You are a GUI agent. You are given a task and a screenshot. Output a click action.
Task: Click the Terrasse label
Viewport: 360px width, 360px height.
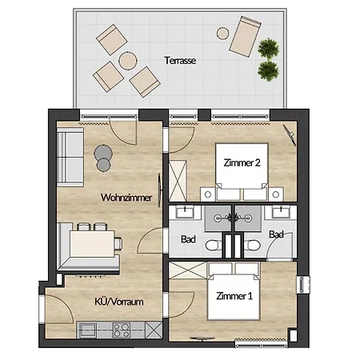[x=180, y=61]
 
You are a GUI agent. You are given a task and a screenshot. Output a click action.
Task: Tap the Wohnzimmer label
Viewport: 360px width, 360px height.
[x=126, y=198]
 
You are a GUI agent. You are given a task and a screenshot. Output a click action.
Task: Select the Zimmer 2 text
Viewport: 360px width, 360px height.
[x=242, y=162]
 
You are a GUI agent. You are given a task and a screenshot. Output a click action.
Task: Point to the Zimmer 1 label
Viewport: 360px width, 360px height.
[x=234, y=296]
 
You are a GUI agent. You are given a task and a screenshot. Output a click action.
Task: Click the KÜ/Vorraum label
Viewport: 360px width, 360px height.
[x=119, y=302]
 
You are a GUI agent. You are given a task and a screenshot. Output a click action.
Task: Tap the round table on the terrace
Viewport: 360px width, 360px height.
[x=128, y=61]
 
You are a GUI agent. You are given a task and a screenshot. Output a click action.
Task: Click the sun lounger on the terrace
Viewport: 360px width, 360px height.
[x=245, y=36]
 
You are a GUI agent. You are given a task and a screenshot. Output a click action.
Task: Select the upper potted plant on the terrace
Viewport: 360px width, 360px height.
[x=269, y=49]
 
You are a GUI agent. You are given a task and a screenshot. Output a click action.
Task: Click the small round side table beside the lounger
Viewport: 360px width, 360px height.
[x=222, y=34]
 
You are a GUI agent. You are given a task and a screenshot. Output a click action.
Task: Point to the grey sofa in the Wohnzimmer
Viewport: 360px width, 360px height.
[x=70, y=157]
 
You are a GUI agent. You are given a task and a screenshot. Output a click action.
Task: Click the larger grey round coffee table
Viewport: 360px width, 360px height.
[x=103, y=153]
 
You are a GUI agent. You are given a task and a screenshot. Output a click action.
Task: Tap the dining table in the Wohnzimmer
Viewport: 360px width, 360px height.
[x=92, y=244]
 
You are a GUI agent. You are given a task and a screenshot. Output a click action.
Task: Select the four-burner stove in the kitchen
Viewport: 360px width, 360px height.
[x=122, y=330]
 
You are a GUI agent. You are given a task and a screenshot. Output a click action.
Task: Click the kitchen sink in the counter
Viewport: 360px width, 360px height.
[x=88, y=330]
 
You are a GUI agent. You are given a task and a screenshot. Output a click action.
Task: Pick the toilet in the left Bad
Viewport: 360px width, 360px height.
[x=214, y=245]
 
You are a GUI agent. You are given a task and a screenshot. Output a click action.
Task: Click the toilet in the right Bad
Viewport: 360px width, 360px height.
[x=253, y=245]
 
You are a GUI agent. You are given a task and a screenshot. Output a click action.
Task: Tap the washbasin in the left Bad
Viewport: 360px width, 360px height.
[x=185, y=212]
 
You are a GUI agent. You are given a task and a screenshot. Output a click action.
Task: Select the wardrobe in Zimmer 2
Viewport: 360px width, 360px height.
[x=178, y=181]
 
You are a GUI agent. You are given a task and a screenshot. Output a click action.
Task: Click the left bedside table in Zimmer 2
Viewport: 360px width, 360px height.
[x=208, y=194]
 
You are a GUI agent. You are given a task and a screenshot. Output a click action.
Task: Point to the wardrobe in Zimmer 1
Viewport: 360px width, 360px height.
[x=188, y=270]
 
